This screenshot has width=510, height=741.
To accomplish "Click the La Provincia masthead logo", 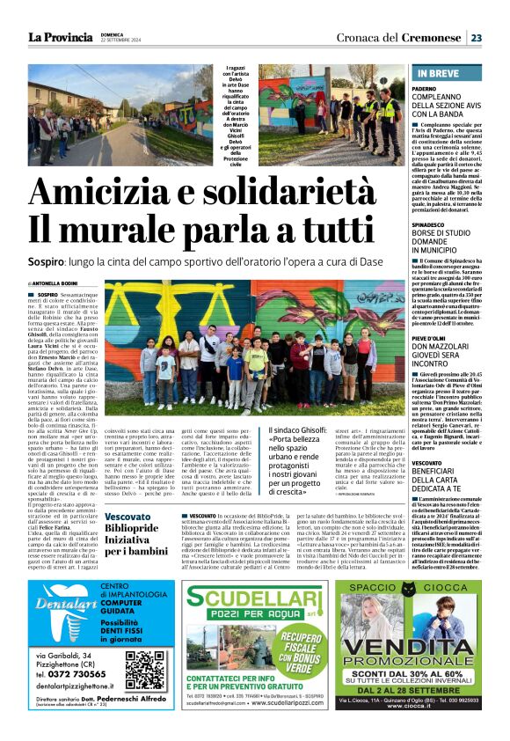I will [60, 37].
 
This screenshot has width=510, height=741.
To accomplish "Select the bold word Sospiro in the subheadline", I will [50, 263].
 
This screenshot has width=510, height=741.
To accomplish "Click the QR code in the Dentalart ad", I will [145, 670].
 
